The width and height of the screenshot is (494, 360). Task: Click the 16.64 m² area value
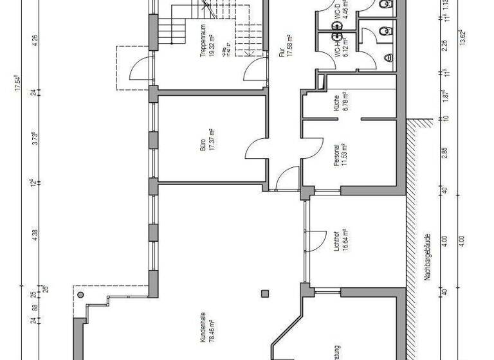(x=345, y=242)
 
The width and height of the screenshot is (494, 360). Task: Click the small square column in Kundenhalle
(x=264, y=294)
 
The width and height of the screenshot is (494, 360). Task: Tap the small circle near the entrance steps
(x=80, y=293)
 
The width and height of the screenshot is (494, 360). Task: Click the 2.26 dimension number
(x=444, y=46)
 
